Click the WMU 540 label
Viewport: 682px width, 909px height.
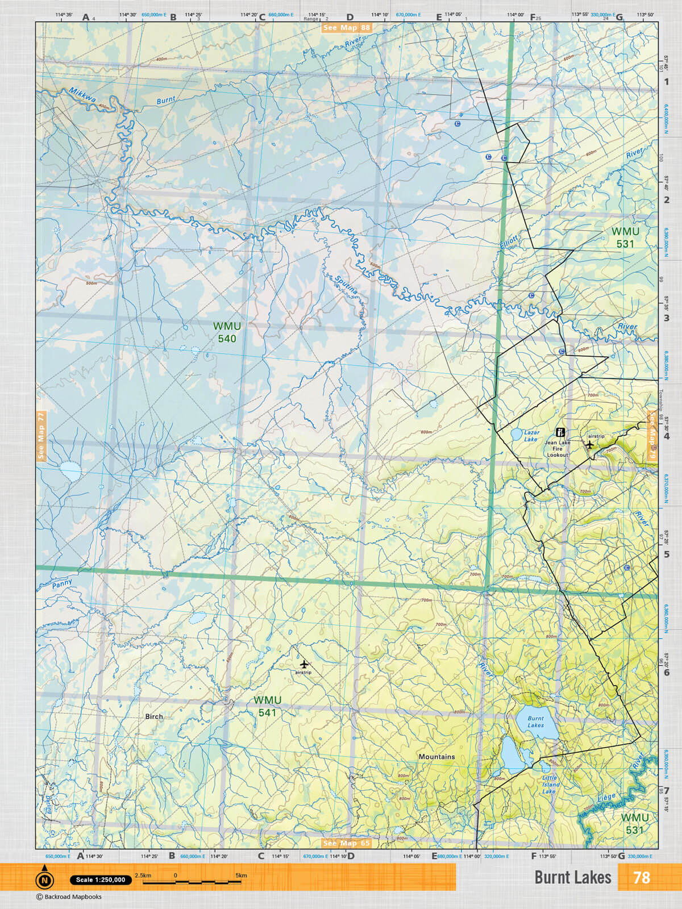click(x=227, y=332)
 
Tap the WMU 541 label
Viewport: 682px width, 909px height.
click(x=267, y=706)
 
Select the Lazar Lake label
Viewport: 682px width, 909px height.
click(x=531, y=436)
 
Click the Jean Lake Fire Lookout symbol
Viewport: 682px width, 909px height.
click(x=560, y=432)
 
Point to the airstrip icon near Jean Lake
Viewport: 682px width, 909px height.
click(x=590, y=445)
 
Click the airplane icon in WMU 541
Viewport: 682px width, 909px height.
click(x=304, y=664)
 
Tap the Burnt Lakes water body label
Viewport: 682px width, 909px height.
click(x=535, y=722)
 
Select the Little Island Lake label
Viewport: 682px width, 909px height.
click(x=550, y=785)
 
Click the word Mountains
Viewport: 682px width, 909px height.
click(x=436, y=757)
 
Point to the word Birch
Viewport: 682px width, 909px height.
click(x=154, y=716)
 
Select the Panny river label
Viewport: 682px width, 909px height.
click(x=63, y=583)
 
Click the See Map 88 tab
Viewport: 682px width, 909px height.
click(x=346, y=27)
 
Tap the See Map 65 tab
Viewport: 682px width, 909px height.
click(x=346, y=843)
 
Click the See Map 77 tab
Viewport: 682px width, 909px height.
click(x=41, y=436)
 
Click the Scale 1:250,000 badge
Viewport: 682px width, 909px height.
click(x=101, y=880)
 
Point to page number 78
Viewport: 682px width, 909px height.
click(x=641, y=878)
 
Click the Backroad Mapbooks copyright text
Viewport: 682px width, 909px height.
click(x=69, y=897)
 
